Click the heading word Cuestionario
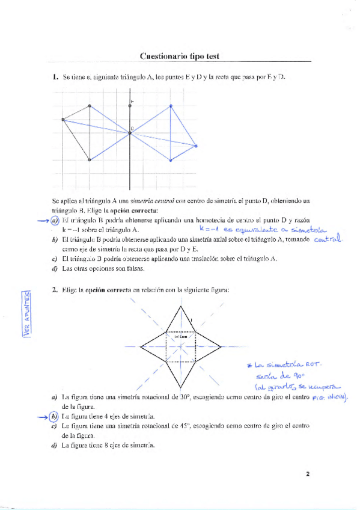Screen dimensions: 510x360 (162, 57)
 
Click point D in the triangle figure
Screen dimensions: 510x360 (130, 132)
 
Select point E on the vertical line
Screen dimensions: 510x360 (130, 106)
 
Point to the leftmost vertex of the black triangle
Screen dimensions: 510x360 (63, 120)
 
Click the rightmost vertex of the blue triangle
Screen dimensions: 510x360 (197, 145)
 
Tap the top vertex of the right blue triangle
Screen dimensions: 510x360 (171, 106)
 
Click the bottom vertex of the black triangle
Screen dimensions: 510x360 (90, 160)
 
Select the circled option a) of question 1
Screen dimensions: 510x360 (55, 221)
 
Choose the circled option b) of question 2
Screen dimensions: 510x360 (55, 416)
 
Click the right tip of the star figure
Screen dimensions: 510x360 (221, 346)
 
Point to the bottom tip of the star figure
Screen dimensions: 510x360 (180, 388)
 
